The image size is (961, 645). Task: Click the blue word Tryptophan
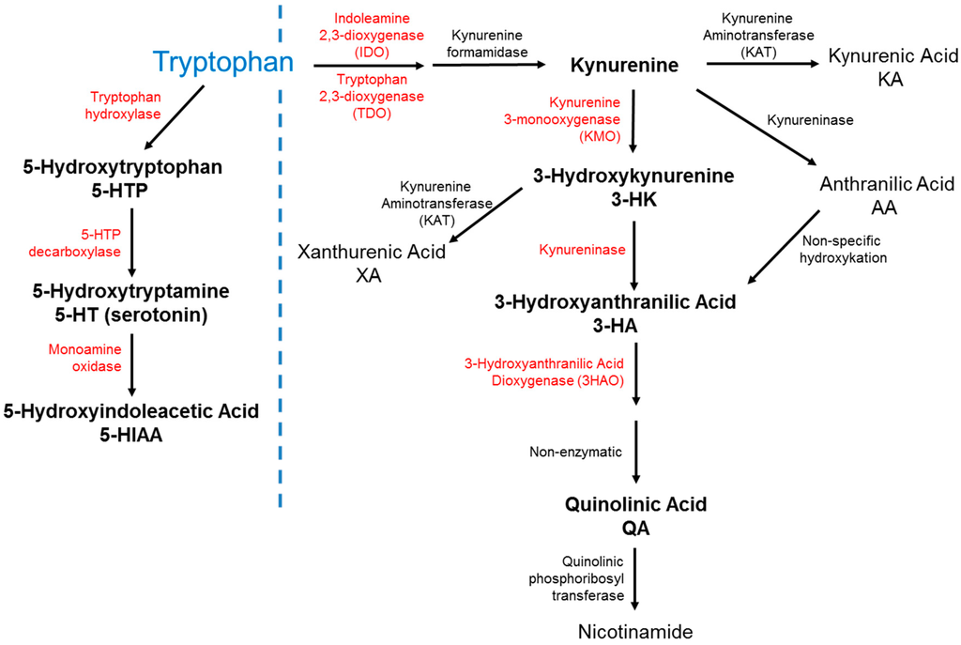tap(222, 63)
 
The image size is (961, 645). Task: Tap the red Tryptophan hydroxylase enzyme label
tap(125, 105)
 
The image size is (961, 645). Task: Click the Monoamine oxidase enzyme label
tap(84, 358)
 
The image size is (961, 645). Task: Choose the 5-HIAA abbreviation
tap(130, 434)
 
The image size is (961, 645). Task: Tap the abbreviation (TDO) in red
tap(364, 114)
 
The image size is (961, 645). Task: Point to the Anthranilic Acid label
tap(887, 184)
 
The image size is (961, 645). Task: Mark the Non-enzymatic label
tap(575, 452)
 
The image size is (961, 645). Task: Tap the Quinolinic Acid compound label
tap(635, 504)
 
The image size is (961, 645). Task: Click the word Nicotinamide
tap(634, 631)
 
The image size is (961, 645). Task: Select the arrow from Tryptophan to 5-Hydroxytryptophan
tap(174, 116)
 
